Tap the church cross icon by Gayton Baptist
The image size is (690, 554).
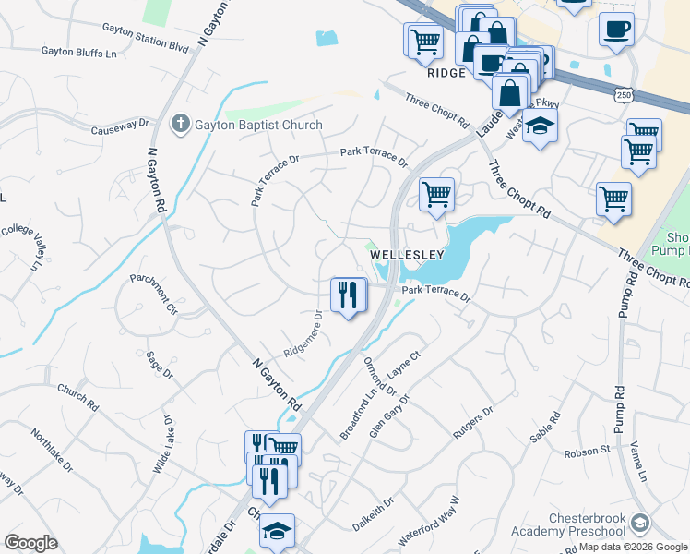coord(181,124)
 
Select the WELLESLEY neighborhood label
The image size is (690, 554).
coord(409,254)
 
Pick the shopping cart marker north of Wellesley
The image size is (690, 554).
coord(436,195)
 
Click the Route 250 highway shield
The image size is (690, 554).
coord(625,95)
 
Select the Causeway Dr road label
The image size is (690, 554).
coord(120,126)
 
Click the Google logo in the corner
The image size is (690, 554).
coord(30,543)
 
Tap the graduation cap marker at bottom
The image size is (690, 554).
coord(276,531)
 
